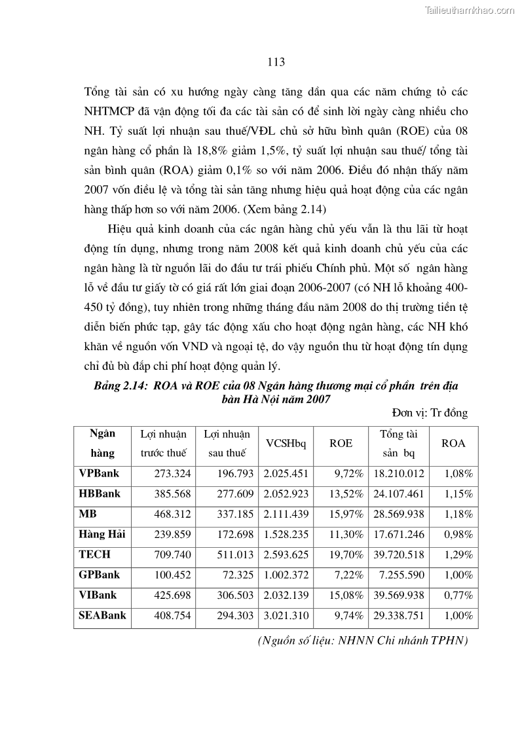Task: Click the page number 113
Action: tap(276, 62)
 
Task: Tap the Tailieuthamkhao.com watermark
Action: tap(470, 10)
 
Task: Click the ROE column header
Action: tap(341, 443)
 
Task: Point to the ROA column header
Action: tap(453, 443)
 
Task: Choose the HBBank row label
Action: tap(100, 493)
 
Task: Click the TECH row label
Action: tap(95, 554)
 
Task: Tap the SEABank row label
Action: tap(102, 615)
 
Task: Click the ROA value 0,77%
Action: tap(458, 596)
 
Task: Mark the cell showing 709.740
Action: tap(172, 555)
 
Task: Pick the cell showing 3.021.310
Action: tap(286, 616)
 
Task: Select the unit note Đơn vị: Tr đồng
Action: tap(430, 412)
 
